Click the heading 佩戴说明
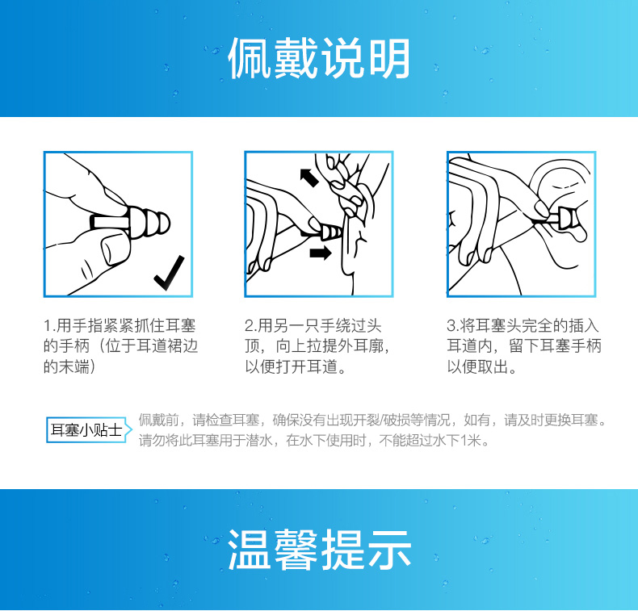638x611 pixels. click(x=318, y=58)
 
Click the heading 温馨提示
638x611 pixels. click(x=318, y=550)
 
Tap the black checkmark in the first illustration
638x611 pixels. click(x=169, y=273)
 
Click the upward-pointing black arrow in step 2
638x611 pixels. click(x=309, y=178)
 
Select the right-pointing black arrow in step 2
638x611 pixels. click(x=321, y=253)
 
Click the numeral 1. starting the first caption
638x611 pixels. click(x=49, y=326)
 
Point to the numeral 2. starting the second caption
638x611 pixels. click(x=250, y=326)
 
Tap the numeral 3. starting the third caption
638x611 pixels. click(x=453, y=326)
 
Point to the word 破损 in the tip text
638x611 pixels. click(x=396, y=420)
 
